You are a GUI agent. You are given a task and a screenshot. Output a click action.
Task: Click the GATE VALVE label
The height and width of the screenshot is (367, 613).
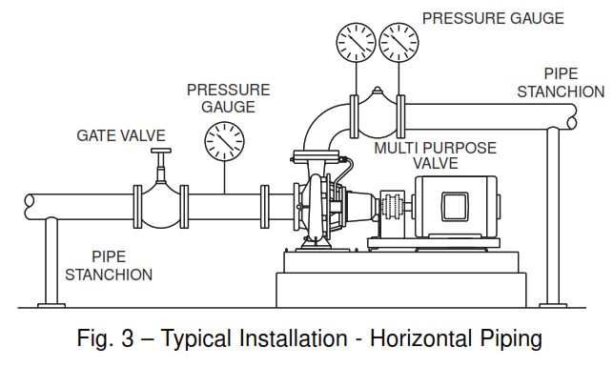pos(121,136)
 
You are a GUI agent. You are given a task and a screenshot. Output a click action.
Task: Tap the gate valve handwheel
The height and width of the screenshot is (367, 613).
pos(163,153)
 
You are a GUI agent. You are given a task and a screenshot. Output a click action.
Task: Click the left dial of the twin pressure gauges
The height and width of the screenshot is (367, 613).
pos(356,41)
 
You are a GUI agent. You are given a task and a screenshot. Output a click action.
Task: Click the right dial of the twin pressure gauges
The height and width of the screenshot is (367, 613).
pos(399,41)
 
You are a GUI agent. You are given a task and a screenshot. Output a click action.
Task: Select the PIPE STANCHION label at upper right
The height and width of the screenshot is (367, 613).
pos(560,82)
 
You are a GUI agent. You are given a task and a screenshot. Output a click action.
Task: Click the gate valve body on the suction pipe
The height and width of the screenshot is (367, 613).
pos(163,205)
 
